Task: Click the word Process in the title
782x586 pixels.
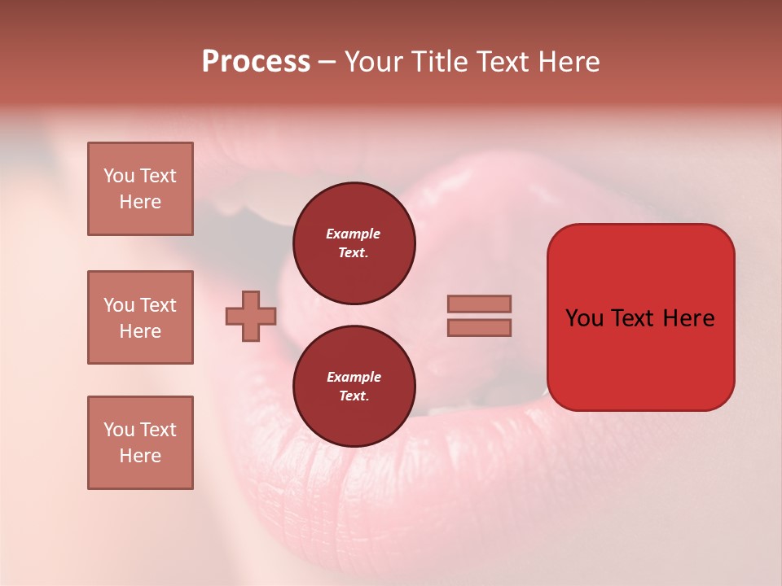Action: pos(256,62)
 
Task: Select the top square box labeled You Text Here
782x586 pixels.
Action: pos(140,189)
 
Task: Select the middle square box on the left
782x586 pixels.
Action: pos(140,317)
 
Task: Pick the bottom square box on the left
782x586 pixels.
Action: pos(140,443)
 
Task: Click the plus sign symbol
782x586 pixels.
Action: pos(251,315)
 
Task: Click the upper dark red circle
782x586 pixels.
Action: pos(354,243)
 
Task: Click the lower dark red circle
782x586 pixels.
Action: pos(354,387)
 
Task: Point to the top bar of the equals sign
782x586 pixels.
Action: pos(479,304)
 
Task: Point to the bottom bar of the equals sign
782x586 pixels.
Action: pos(479,327)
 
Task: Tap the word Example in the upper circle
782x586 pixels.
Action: pos(353,234)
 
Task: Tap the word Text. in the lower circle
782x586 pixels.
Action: pos(354,396)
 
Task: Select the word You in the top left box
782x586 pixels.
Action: pos(119,176)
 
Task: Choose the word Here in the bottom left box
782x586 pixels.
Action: pos(140,456)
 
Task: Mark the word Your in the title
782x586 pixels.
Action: pos(373,62)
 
